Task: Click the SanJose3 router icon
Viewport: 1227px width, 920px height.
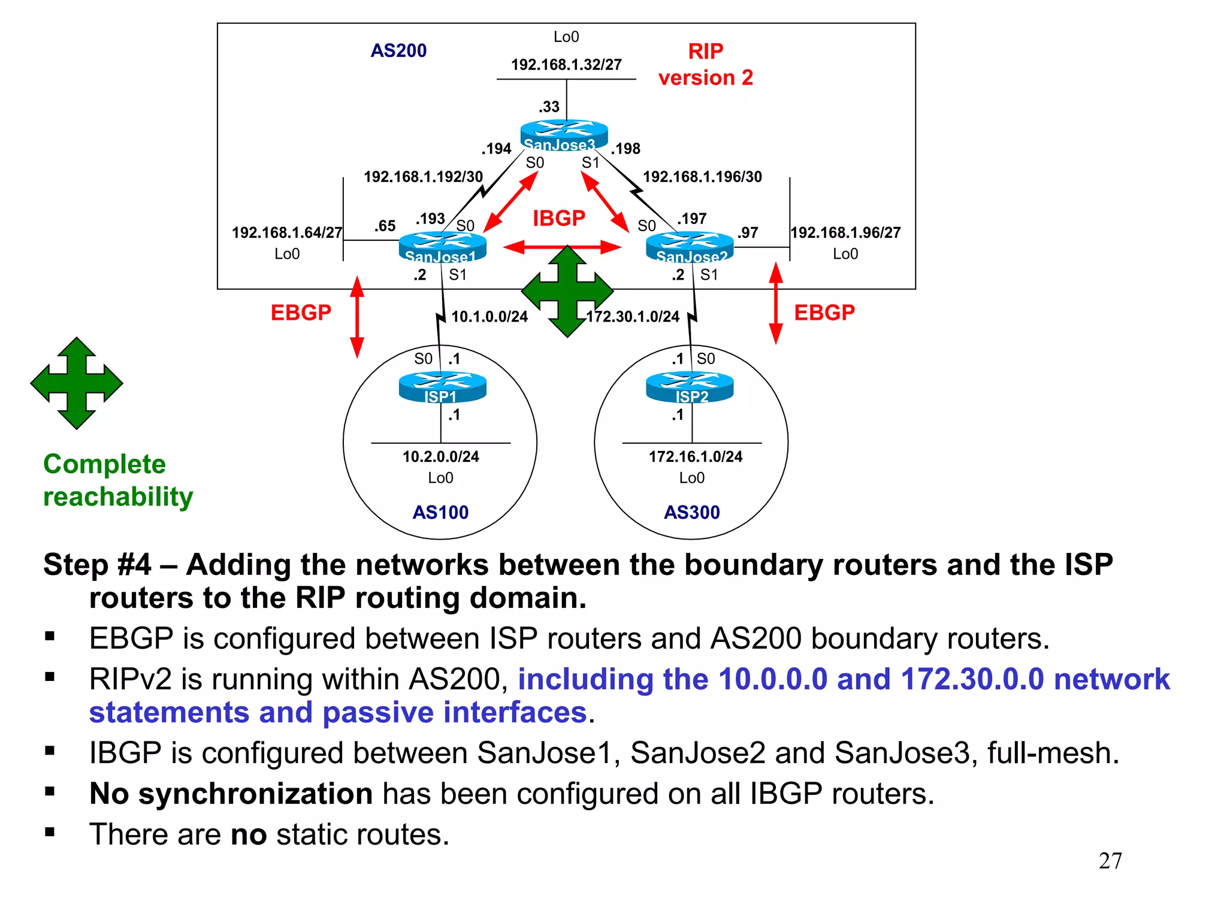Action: [x=564, y=134]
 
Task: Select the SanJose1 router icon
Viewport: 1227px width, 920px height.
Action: [x=442, y=247]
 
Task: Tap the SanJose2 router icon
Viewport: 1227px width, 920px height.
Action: [x=690, y=247]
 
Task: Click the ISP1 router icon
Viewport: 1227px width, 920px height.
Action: [x=442, y=386]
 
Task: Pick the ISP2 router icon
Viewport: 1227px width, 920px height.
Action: [x=690, y=386]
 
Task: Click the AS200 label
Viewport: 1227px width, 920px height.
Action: [x=398, y=51]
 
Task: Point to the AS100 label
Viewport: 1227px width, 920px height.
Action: [x=440, y=512]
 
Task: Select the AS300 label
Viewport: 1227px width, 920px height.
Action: [x=691, y=512]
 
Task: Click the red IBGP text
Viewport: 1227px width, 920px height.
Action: [x=558, y=218]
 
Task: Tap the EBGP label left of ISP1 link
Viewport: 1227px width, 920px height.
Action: [x=301, y=313]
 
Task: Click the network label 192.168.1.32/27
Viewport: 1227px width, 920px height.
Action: [x=566, y=65]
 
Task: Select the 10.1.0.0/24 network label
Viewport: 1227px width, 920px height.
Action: [x=489, y=317]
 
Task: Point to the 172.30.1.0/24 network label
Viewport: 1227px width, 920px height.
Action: [x=633, y=317]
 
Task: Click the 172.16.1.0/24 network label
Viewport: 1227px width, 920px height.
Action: [x=695, y=457]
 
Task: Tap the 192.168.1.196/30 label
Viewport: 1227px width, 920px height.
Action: [x=702, y=177]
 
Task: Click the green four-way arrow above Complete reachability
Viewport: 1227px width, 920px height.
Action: [x=77, y=383]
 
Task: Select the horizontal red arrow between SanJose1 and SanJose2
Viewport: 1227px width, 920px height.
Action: [x=562, y=247]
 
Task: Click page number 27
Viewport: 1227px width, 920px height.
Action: [x=1110, y=861]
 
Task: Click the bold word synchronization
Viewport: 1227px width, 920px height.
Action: [x=255, y=794]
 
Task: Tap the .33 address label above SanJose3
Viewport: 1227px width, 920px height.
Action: [x=549, y=107]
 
